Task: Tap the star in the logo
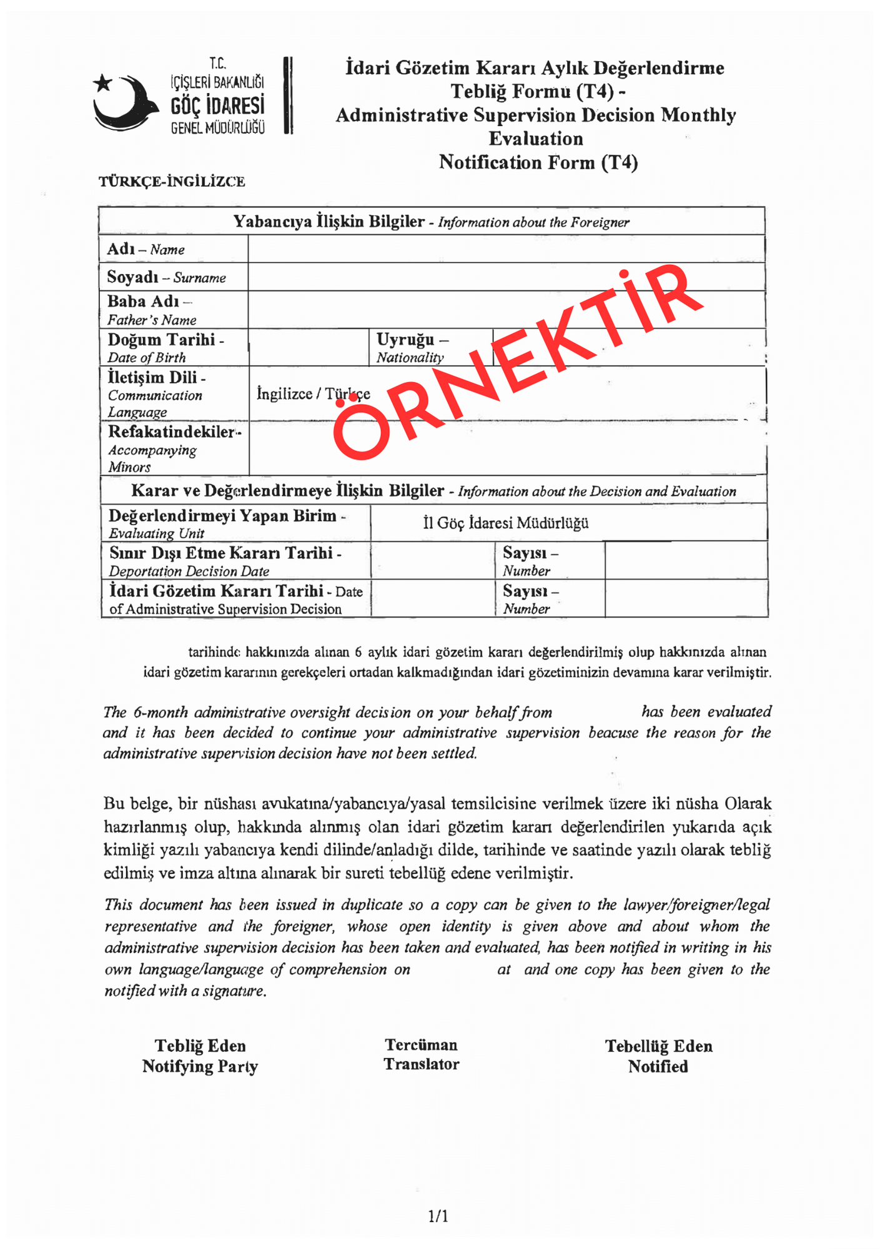(x=102, y=82)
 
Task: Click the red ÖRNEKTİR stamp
(x=518, y=362)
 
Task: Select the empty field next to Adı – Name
(x=506, y=249)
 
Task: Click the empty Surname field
(x=506, y=277)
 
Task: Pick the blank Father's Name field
(x=506, y=310)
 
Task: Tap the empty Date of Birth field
(x=309, y=347)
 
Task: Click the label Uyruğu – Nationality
(x=412, y=347)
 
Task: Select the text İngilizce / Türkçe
(x=313, y=394)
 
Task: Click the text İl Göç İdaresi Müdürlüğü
(x=505, y=523)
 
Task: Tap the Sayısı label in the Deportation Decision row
(x=530, y=553)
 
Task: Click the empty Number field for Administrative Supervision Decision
(x=686, y=598)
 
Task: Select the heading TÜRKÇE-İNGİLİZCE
(x=172, y=182)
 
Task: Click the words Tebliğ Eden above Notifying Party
(x=200, y=1046)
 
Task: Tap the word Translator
(x=422, y=1065)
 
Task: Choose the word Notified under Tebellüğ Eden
(x=658, y=1067)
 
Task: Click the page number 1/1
(x=438, y=1217)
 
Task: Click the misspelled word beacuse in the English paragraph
(x=613, y=733)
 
